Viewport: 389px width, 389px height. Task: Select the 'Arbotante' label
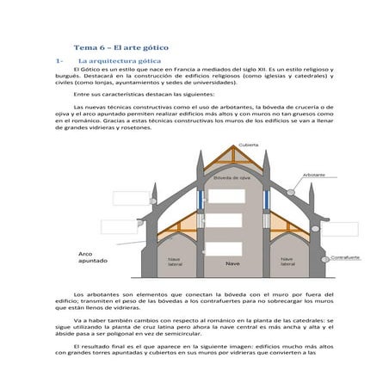(x=314, y=175)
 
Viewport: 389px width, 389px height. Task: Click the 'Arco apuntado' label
(x=93, y=257)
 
